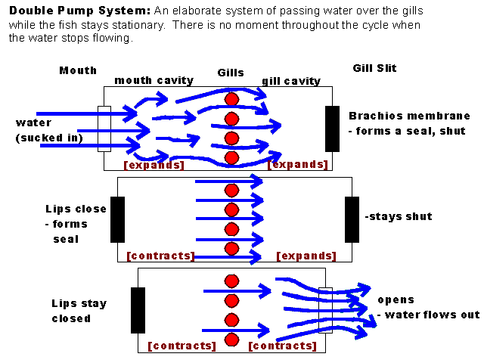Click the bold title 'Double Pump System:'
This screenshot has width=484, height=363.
79,11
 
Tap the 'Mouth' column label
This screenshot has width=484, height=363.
78,70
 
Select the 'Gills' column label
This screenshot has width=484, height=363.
231,73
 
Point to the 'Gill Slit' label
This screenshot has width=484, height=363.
374,68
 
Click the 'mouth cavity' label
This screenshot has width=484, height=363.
154,80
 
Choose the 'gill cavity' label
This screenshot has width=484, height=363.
291,81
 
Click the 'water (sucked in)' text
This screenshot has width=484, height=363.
45,130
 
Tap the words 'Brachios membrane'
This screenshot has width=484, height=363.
409,116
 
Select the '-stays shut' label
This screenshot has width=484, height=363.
399,216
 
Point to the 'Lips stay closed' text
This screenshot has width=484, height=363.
79,311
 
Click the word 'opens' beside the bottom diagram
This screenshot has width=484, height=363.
396,299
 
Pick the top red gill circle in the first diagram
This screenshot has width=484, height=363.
231,99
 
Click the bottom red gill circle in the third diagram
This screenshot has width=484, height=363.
231,338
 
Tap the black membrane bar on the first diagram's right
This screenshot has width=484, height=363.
332,129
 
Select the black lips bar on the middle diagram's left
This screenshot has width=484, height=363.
117,219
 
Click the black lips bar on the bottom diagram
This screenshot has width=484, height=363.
138,310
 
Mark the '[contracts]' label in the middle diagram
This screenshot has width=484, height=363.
160,256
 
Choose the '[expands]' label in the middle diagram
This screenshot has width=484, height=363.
306,256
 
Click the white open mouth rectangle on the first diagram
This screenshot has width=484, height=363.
104,129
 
